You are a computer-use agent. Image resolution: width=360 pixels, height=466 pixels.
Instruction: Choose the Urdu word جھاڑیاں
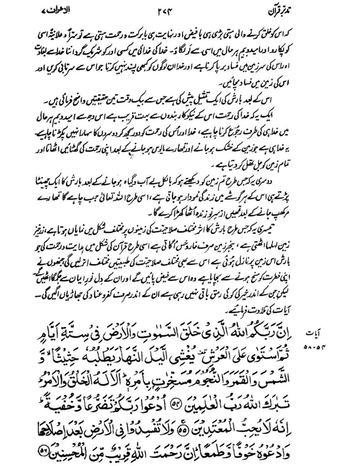point(77,295)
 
